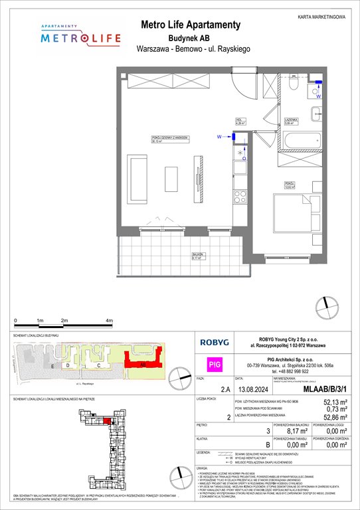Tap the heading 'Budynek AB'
(x=180, y=38)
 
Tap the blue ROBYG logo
(x=216, y=343)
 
